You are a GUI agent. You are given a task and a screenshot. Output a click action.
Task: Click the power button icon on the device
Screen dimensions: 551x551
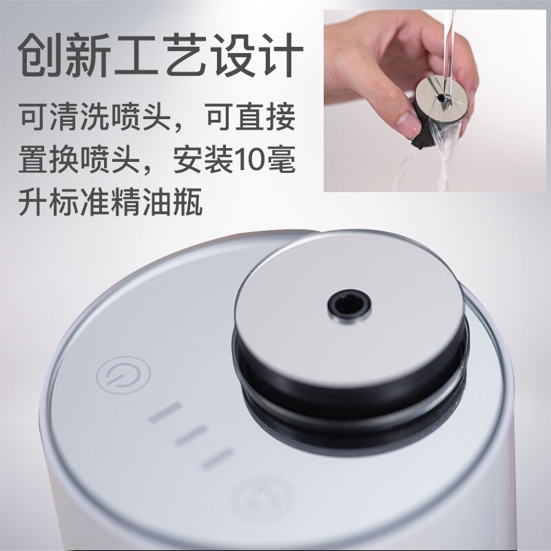click(123, 375)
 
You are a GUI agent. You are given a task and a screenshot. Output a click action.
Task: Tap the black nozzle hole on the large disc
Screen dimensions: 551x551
click(349, 304)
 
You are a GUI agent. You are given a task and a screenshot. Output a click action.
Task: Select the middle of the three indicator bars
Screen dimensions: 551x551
click(190, 435)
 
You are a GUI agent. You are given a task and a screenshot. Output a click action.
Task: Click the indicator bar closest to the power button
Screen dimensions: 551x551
click(165, 412)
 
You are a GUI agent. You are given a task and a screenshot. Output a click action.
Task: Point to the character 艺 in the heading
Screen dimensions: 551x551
click(185, 55)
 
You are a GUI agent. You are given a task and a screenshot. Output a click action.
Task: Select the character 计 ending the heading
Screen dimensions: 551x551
click(281, 55)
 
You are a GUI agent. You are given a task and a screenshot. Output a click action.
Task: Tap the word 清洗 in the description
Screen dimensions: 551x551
click(80, 116)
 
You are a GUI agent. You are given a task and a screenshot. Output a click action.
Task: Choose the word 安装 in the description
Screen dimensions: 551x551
click(203, 159)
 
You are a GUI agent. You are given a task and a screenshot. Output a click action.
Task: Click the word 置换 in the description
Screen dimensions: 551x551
click(48, 159)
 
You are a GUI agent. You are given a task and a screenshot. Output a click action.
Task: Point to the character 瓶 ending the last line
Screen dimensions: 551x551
click(188, 202)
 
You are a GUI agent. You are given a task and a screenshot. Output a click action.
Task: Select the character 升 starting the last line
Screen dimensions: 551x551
click(33, 202)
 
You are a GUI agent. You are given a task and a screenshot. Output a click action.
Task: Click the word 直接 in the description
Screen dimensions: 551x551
click(265, 116)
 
